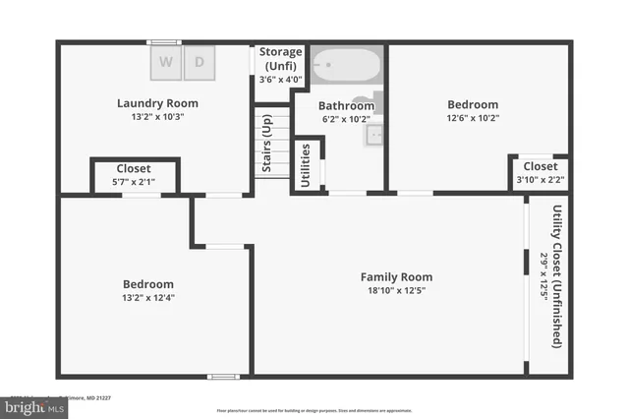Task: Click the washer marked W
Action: [x=166, y=62]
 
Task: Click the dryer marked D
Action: [x=200, y=62]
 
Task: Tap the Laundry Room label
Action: [x=157, y=102]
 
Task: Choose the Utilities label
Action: [x=307, y=164]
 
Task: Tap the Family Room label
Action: [x=395, y=276]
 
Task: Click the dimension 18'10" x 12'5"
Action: [x=395, y=291]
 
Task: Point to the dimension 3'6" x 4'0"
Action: [x=280, y=80]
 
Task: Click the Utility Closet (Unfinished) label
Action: [x=557, y=275]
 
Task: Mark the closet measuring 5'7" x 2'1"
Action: [x=134, y=176]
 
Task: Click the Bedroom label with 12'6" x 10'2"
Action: [x=473, y=104]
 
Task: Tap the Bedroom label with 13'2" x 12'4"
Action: [x=148, y=283]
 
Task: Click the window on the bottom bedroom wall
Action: [x=223, y=376]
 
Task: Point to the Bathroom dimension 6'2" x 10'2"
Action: [x=346, y=120]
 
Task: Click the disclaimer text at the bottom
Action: [x=314, y=410]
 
